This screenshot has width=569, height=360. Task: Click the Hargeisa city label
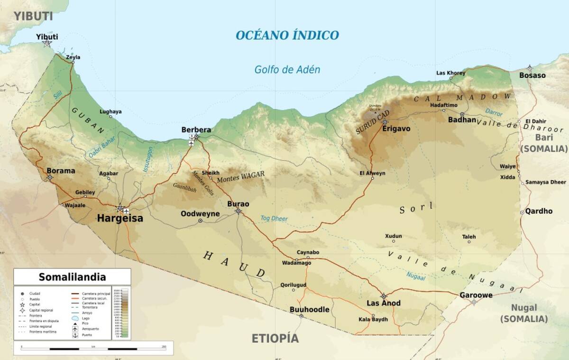click(119, 219)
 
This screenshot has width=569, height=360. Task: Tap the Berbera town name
click(196, 129)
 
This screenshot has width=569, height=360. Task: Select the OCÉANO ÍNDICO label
click(287, 35)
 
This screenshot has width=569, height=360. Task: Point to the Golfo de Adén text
click(287, 70)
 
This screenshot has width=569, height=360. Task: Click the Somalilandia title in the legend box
click(72, 277)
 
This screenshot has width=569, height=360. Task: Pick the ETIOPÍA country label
click(275, 338)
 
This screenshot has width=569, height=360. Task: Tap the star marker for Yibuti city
click(47, 43)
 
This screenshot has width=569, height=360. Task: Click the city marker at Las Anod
click(384, 296)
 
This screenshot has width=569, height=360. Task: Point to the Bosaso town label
click(532, 75)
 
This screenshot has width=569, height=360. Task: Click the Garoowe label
click(476, 295)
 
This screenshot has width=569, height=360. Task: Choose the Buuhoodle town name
click(309, 309)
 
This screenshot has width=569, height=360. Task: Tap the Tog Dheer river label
click(274, 219)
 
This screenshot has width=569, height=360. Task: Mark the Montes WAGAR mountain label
click(240, 177)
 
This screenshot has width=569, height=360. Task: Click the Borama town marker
click(50, 178)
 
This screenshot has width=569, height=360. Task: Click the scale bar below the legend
click(93, 349)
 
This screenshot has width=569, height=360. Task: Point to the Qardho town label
click(539, 211)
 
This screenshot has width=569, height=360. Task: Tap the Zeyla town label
click(73, 57)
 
